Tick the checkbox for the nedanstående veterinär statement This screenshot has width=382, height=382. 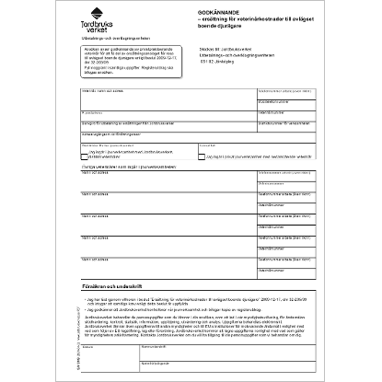(x=202, y=156)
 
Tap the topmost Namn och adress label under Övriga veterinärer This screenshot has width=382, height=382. (x=96, y=173)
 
